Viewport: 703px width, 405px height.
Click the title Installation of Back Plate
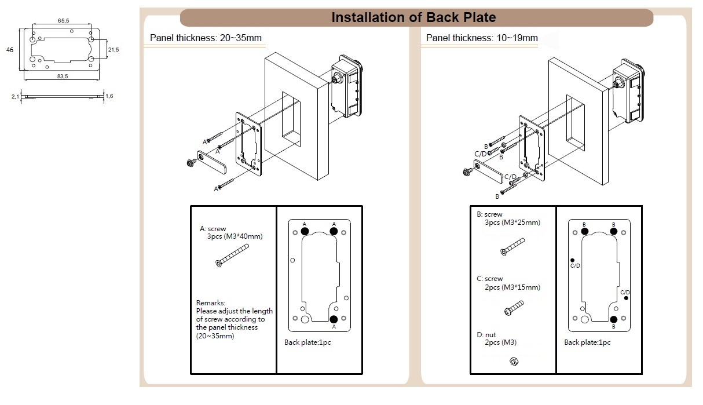(413, 17)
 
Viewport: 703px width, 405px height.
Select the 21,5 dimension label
(113, 50)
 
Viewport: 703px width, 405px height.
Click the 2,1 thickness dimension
(15, 97)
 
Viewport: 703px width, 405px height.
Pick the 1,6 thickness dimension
(109, 96)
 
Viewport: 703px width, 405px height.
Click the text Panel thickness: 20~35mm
(206, 38)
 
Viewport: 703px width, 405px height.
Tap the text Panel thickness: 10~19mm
(482, 38)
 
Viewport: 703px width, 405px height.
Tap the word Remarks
(210, 303)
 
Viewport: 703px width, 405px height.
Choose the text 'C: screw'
(490, 279)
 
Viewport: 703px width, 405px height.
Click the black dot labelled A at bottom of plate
(334, 319)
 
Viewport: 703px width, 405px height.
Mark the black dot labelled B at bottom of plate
(613, 319)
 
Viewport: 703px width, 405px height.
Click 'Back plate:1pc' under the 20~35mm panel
(307, 342)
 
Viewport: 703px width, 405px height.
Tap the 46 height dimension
(10, 50)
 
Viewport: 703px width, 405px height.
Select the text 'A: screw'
(213, 229)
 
